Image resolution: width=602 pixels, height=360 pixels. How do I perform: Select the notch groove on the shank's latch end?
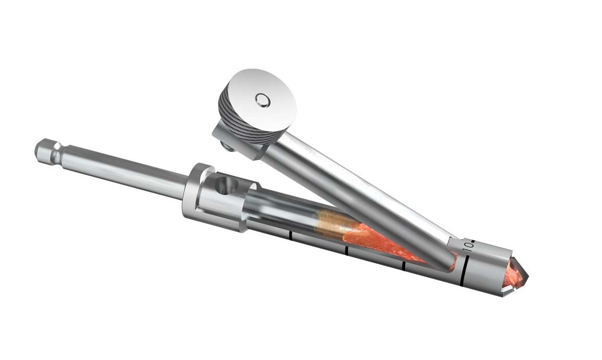53,155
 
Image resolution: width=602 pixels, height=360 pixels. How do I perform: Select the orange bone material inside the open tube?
379,242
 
